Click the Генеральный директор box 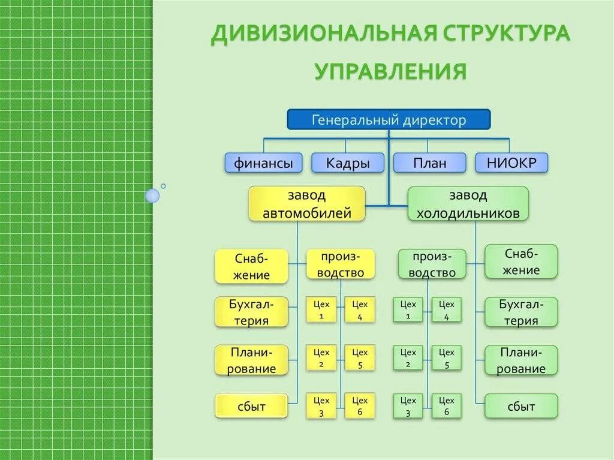[389, 119]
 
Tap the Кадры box [348, 163]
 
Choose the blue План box [429, 163]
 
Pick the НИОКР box [511, 163]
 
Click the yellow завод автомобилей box [307, 204]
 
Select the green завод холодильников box [468, 204]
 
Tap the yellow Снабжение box [252, 267]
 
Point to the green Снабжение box [521, 261]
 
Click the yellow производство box [341, 264]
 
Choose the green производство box [432, 264]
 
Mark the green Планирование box [521, 360]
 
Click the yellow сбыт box [252, 406]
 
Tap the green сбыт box [521, 406]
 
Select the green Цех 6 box [447, 406]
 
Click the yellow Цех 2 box [321, 358]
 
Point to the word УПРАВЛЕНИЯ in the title [390, 71]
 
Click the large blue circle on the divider [153, 195]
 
